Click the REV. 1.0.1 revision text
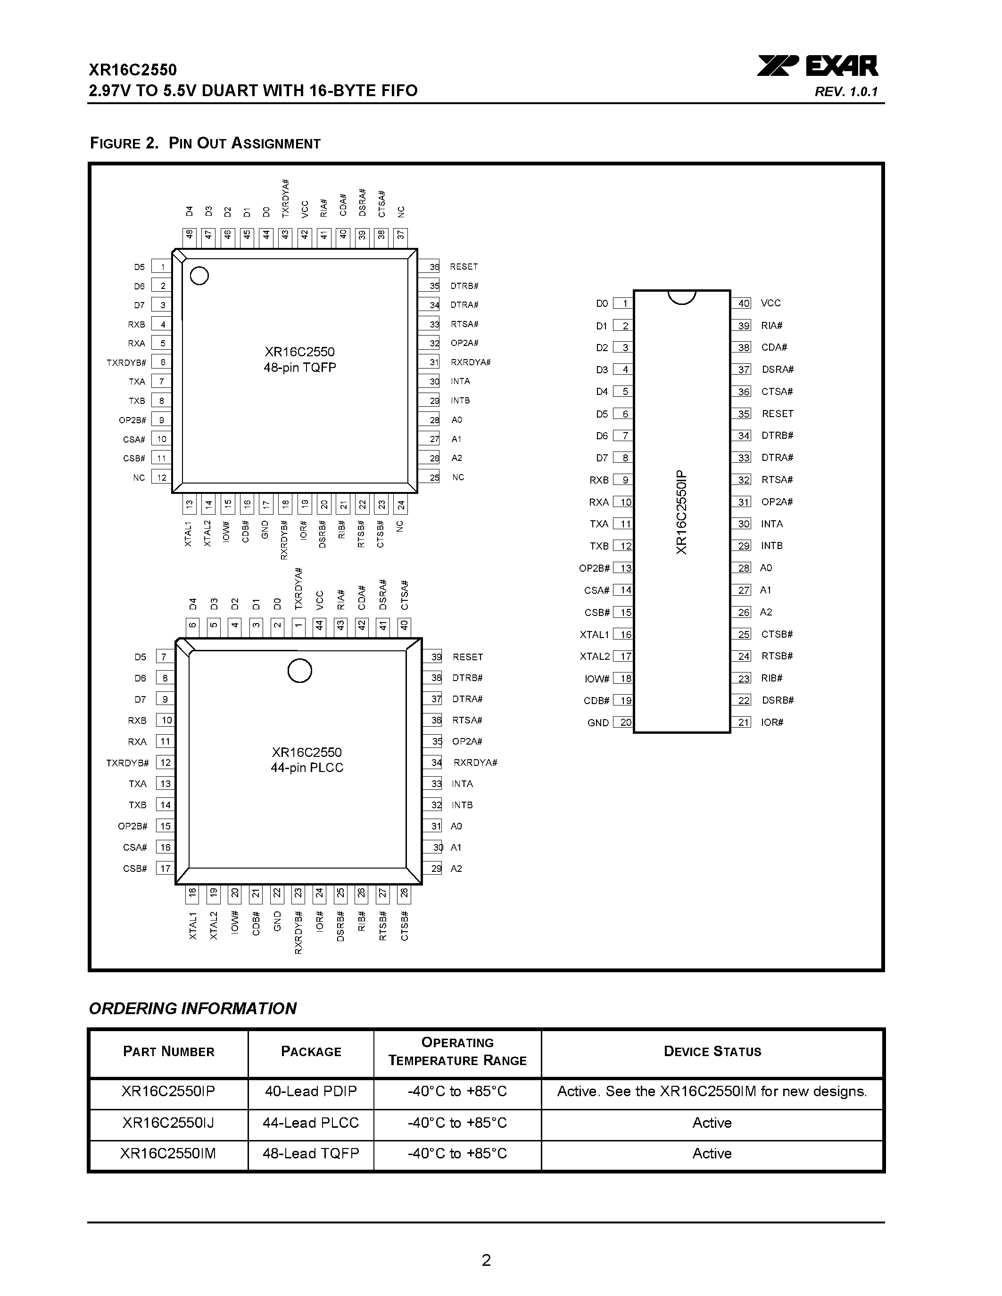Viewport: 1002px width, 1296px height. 846,92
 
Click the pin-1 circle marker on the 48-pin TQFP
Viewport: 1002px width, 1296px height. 199,276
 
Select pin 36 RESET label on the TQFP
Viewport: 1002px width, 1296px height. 464,267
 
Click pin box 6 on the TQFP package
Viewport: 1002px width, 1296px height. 161,362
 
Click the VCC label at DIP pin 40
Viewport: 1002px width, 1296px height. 770,303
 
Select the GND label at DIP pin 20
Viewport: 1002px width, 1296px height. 598,723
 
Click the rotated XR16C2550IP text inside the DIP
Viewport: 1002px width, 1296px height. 681,512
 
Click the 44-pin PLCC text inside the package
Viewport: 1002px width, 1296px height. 307,767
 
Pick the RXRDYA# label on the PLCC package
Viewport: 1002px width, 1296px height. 475,763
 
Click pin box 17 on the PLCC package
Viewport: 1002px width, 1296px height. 165,868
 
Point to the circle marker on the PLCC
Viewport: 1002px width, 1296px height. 300,671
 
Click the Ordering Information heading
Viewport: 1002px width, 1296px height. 192,1009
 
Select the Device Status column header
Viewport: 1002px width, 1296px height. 712,1051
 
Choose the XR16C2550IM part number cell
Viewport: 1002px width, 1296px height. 168,1153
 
